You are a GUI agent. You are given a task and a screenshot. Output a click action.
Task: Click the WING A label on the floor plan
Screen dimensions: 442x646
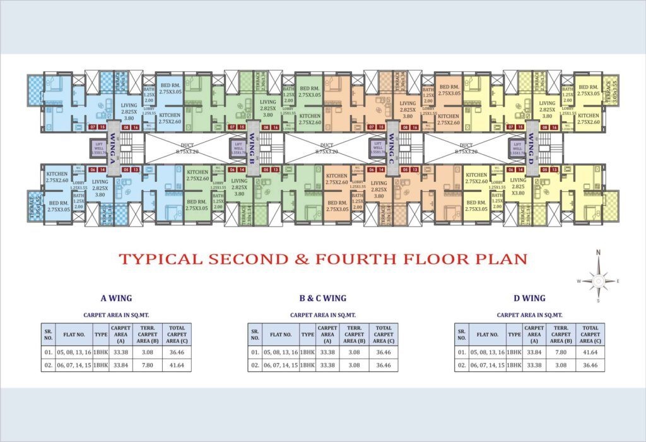click(x=111, y=150)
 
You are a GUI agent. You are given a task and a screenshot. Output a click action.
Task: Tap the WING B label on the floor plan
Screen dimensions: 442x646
click(x=251, y=150)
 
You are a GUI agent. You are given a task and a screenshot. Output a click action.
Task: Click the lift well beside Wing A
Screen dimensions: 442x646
click(x=98, y=149)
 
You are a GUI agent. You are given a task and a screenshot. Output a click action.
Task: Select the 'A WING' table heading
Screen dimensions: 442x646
click(x=116, y=298)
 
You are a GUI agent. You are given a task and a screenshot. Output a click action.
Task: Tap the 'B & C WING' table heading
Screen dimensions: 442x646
click(x=322, y=298)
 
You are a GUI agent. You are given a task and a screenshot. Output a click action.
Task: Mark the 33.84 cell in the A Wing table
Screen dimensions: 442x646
click(x=120, y=365)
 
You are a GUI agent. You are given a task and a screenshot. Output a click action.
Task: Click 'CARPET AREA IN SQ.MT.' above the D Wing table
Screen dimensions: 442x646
click(x=529, y=314)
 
